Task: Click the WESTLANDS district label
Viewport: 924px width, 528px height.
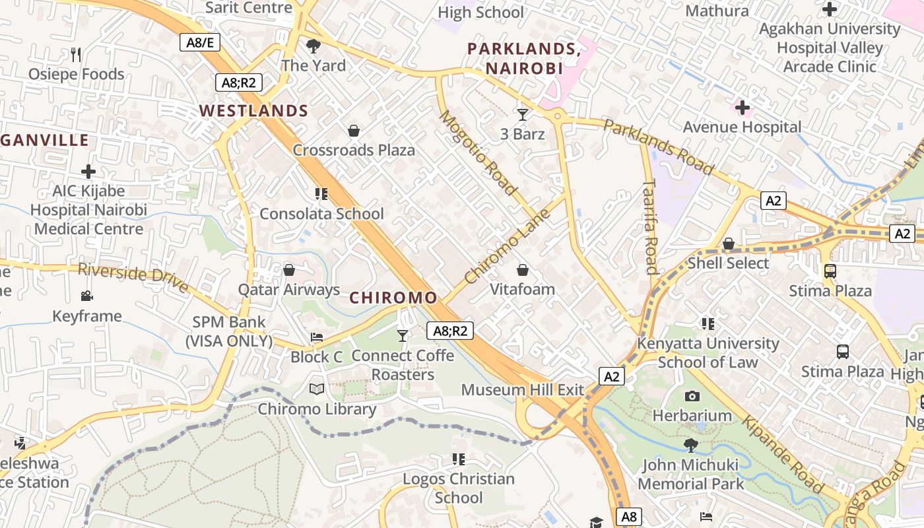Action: pyautogui.click(x=254, y=111)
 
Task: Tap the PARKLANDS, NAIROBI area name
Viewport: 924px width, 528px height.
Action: pyautogui.click(x=524, y=59)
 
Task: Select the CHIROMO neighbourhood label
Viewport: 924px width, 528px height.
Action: pyautogui.click(x=393, y=298)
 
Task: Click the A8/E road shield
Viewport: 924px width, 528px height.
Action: pyautogui.click(x=200, y=43)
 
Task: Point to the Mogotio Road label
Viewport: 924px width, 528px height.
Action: pyautogui.click(x=478, y=153)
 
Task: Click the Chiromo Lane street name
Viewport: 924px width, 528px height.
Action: pyautogui.click(x=508, y=247)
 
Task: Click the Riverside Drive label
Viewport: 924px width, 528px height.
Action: pyautogui.click(x=133, y=277)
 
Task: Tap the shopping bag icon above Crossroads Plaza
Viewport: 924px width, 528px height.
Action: pyautogui.click(x=354, y=131)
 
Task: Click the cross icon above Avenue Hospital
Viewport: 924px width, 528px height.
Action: pyautogui.click(x=742, y=107)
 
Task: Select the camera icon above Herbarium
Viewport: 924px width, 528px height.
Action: pyautogui.click(x=692, y=396)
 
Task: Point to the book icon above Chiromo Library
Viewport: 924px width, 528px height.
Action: pyautogui.click(x=317, y=389)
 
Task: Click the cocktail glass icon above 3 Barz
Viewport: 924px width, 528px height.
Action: pyautogui.click(x=523, y=115)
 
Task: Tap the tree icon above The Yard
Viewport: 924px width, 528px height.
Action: pyautogui.click(x=313, y=46)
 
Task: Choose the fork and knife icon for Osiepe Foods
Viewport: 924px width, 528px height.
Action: pyautogui.click(x=76, y=55)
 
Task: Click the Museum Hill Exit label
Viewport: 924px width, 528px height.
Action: pyautogui.click(x=523, y=390)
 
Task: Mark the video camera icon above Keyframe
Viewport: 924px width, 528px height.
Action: pyautogui.click(x=86, y=296)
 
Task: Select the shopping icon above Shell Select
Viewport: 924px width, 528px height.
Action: pyautogui.click(x=729, y=244)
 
